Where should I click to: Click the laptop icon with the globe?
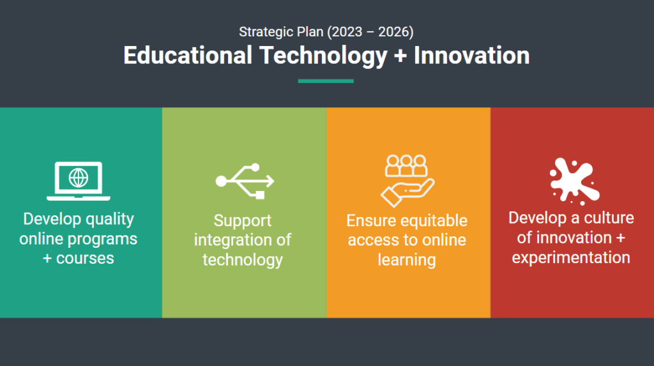[79, 181]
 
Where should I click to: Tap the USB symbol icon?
[245, 181]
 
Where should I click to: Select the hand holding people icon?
[407, 181]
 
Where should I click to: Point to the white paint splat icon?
[575, 181]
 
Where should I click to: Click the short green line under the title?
[326, 81]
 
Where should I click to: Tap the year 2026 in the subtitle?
[393, 32]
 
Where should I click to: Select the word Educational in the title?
[188, 56]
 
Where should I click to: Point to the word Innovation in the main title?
[472, 56]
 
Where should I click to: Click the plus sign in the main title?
[400, 56]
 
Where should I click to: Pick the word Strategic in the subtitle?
[266, 32]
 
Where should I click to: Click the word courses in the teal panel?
[85, 258]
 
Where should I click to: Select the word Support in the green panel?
[243, 221]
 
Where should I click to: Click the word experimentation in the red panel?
[571, 258]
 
